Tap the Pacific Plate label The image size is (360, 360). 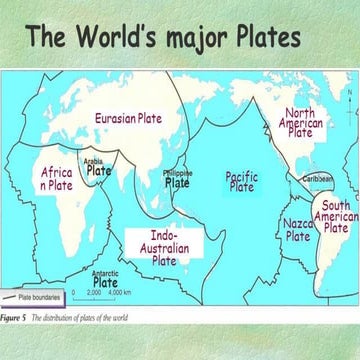[x=241, y=180]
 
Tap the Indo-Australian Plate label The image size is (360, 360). [x=164, y=246]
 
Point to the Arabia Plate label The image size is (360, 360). [x=97, y=165]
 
